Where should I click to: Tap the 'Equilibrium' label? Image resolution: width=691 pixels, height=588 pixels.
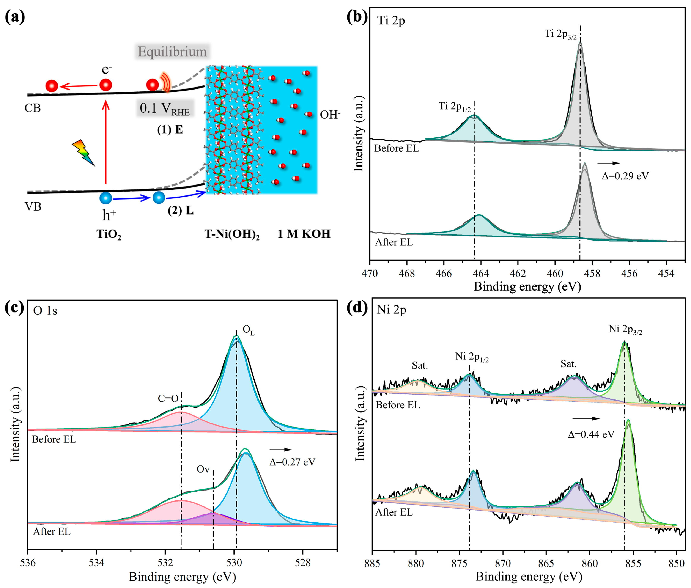click(172, 52)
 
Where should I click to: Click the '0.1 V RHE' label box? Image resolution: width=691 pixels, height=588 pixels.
click(165, 108)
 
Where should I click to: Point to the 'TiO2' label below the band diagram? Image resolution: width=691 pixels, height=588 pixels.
click(109, 234)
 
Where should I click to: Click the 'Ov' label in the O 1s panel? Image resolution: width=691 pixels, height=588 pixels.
click(203, 469)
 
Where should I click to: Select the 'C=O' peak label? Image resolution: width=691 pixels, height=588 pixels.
click(168, 398)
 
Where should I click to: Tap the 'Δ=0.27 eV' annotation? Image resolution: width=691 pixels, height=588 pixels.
click(292, 462)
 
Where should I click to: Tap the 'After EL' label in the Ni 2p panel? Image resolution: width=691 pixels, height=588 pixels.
click(394, 512)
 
